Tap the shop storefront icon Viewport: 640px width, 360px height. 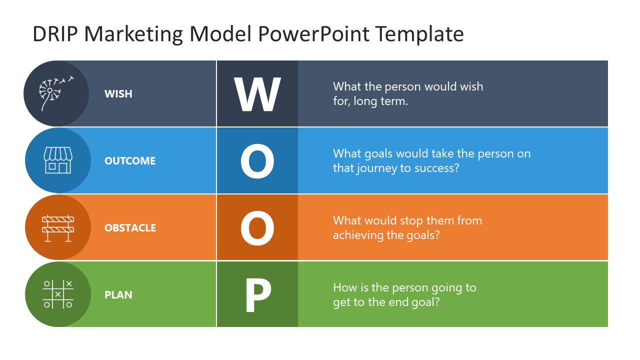click(57, 160)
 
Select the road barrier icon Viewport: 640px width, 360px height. click(57, 228)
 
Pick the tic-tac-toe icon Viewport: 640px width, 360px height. click(57, 294)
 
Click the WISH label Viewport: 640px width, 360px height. click(118, 94)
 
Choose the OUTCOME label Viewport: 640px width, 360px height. click(130, 161)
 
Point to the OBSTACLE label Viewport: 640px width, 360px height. click(130, 228)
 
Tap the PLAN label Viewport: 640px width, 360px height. click(118, 295)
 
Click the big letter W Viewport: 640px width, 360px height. click(257, 94)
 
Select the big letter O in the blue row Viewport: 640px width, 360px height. click(257, 161)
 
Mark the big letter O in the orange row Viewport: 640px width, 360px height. click(257, 228)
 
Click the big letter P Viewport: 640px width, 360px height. click(257, 295)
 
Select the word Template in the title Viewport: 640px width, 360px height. click(419, 34)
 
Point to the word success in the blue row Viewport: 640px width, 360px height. click(436, 168)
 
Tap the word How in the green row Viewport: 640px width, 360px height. click(343, 287)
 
